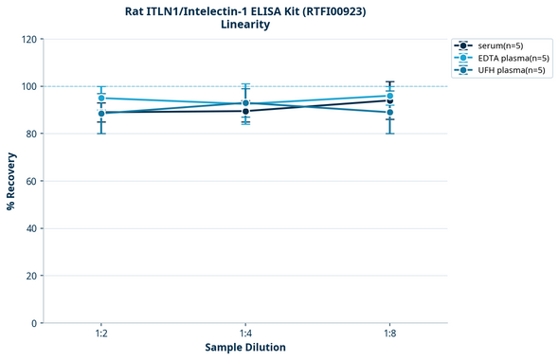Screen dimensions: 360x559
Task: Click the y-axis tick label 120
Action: (27, 39)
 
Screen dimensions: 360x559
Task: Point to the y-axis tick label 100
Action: (27, 86)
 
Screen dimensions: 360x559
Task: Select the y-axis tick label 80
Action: (30, 134)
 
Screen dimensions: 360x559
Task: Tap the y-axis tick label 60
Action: (30, 181)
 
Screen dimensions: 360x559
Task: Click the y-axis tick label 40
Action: (30, 228)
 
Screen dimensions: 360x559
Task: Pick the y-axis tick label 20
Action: (30, 276)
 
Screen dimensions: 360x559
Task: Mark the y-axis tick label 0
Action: (33, 323)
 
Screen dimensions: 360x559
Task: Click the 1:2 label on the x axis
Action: (101, 334)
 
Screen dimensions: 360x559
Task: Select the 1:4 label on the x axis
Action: (245, 334)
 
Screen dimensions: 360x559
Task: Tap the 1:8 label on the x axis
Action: (389, 334)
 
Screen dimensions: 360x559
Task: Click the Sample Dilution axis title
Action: (245, 348)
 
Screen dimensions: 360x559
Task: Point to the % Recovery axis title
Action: (11, 181)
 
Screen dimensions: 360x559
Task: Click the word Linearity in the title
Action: (244, 25)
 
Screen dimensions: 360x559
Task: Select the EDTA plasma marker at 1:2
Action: (101, 99)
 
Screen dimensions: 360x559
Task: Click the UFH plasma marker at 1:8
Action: (389, 113)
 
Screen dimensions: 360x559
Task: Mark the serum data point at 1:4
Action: (245, 111)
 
